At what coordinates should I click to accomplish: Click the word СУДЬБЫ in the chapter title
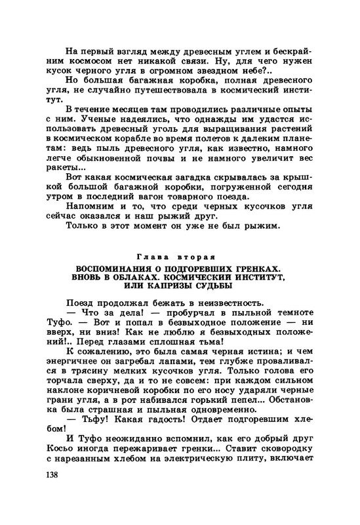pyautogui.click(x=224, y=287)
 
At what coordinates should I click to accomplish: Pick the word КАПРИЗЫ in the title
pyautogui.click(x=174, y=287)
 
